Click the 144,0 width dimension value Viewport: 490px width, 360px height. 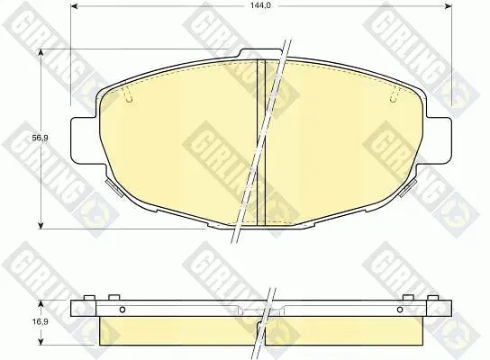[260, 5]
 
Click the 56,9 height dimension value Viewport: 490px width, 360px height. [41, 138]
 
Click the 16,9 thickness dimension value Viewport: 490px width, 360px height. [41, 322]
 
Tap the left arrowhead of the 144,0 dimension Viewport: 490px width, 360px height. [75, 6]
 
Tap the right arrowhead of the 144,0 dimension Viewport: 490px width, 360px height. [449, 6]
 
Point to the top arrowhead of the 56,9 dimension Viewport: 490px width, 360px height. [41, 53]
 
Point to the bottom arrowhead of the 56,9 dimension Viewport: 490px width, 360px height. [41, 225]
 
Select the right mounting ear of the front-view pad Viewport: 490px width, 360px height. [439, 139]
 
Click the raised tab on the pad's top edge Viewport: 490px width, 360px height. [261, 53]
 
